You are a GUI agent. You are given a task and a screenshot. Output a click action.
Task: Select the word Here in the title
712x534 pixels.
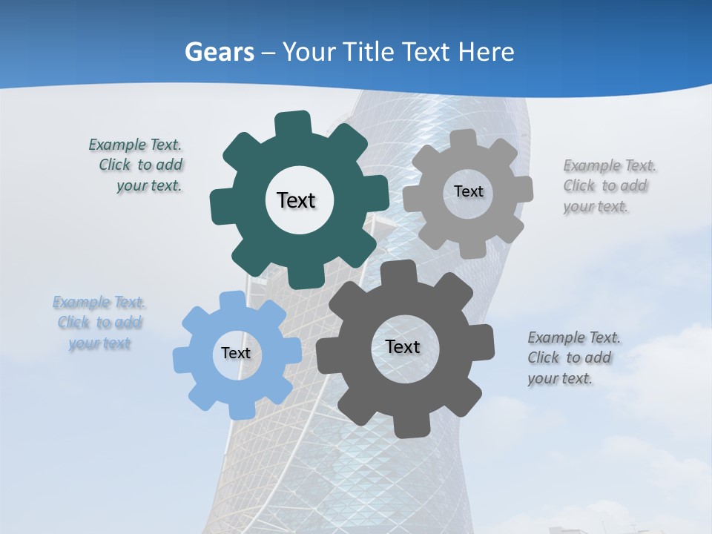tap(486, 53)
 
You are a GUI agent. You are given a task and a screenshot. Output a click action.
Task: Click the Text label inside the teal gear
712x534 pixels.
tap(296, 200)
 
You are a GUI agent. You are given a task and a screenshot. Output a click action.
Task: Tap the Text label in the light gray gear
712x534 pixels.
tap(468, 191)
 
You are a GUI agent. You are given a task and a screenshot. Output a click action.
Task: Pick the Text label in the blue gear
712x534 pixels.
tap(236, 353)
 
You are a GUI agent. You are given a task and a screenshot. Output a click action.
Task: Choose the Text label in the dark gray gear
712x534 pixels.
tap(403, 346)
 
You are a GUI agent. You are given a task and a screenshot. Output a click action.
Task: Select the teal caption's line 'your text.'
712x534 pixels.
tap(149, 186)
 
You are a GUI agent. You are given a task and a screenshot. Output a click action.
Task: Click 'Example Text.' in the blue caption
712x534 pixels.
tap(99, 303)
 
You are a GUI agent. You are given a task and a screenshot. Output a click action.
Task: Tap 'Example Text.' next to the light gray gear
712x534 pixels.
tap(610, 165)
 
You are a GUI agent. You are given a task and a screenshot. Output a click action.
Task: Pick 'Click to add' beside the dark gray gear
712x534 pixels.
tap(570, 357)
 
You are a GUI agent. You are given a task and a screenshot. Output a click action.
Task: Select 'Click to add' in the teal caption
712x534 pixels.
tap(141, 165)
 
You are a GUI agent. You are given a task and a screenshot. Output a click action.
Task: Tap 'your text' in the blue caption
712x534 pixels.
tap(99, 343)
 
